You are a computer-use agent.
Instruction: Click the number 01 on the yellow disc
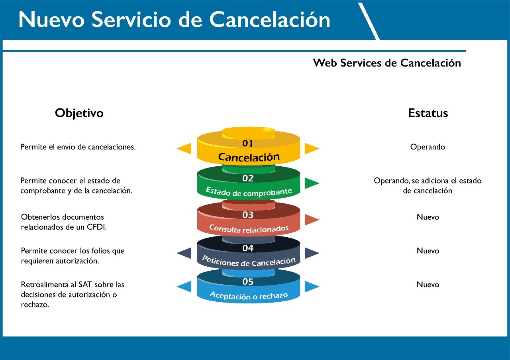[247, 143]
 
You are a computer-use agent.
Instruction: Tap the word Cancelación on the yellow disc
[249, 157]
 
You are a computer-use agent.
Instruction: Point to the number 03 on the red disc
[248, 215]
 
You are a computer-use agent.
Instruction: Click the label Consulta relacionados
[249, 228]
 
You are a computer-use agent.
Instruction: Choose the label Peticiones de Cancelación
[249, 261]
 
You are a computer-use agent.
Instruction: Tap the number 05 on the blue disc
[248, 282]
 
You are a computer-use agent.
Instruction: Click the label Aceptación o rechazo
[249, 295]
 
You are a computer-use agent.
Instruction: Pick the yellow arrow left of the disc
[184, 149]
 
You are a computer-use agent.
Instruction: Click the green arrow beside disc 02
[312, 183]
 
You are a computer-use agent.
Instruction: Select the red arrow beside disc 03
[312, 220]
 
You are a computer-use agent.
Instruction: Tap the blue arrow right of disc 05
[312, 286]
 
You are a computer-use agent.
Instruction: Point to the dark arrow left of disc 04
[184, 253]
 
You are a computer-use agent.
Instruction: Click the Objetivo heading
[79, 113]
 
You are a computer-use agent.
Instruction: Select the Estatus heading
[428, 113]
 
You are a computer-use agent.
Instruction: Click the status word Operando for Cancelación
[428, 147]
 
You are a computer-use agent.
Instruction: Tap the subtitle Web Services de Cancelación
[387, 63]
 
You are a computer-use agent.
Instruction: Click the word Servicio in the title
[131, 20]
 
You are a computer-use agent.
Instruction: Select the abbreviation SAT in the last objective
[85, 284]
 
